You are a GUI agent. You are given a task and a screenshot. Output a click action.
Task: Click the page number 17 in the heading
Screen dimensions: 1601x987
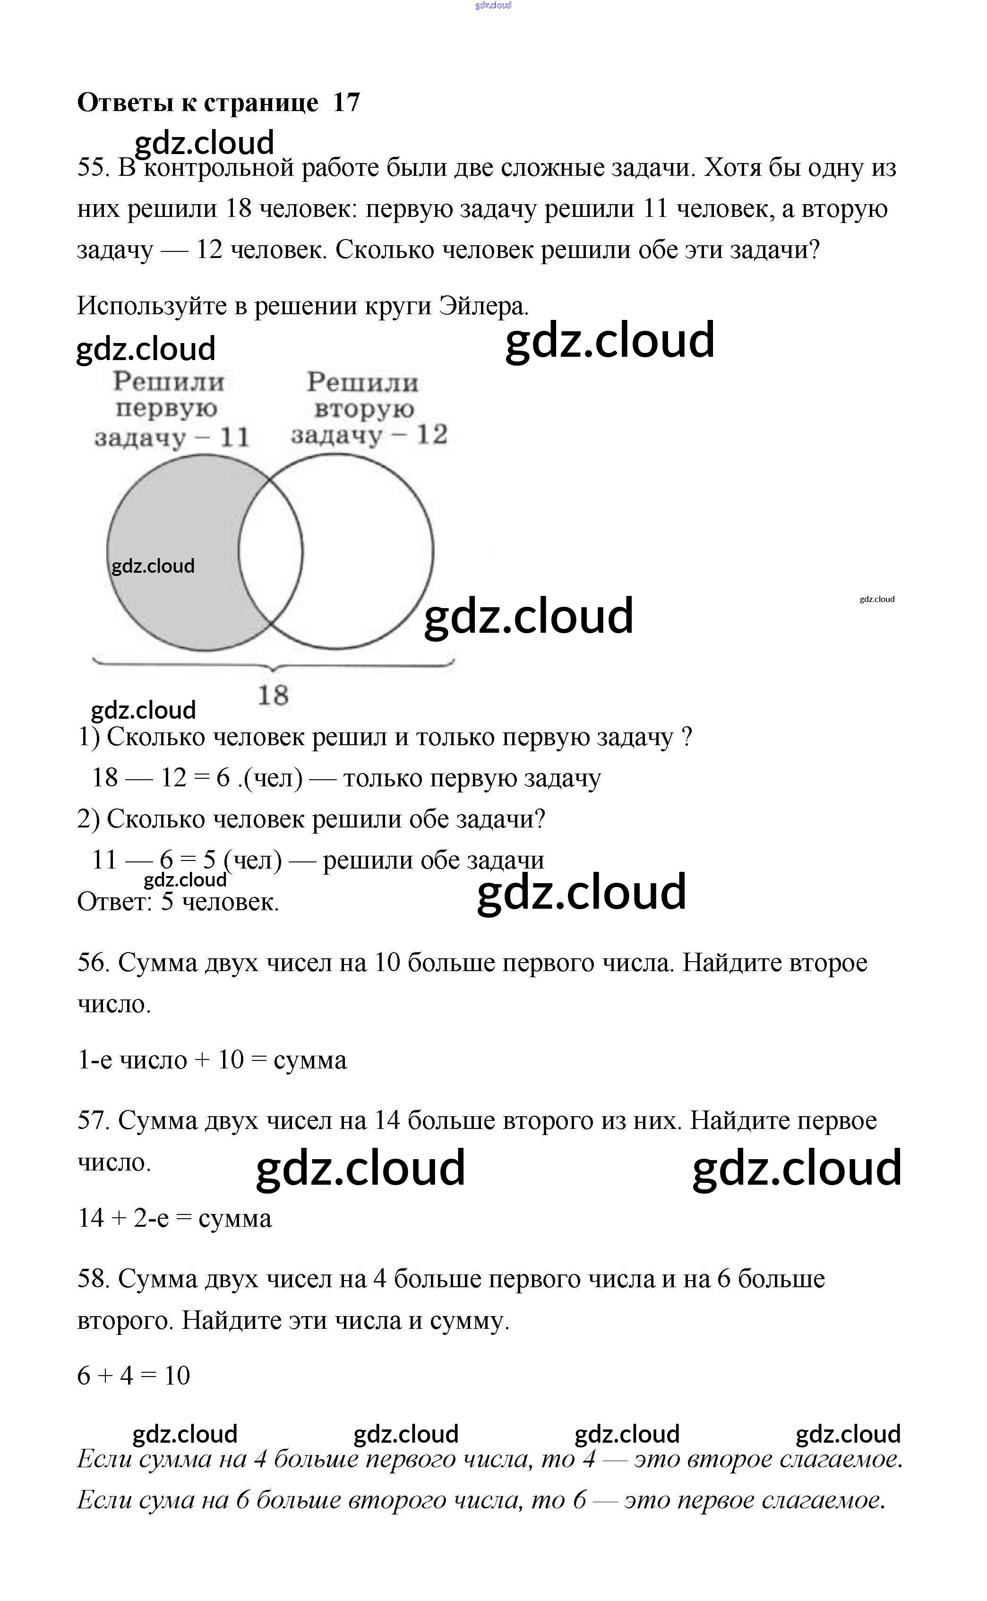pyautogui.click(x=346, y=103)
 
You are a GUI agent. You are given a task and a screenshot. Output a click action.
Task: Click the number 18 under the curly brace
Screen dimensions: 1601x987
pyautogui.click(x=273, y=696)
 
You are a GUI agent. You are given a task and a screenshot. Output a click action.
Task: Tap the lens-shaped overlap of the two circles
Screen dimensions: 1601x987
pyautogui.click(x=270, y=552)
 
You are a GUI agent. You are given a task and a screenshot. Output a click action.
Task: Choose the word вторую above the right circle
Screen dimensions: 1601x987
pyautogui.click(x=364, y=409)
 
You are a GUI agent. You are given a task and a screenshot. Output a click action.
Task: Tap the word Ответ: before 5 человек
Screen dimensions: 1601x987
pyautogui.click(x=114, y=902)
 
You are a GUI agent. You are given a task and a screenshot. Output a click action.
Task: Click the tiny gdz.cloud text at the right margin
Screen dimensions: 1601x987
pyautogui.click(x=877, y=599)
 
